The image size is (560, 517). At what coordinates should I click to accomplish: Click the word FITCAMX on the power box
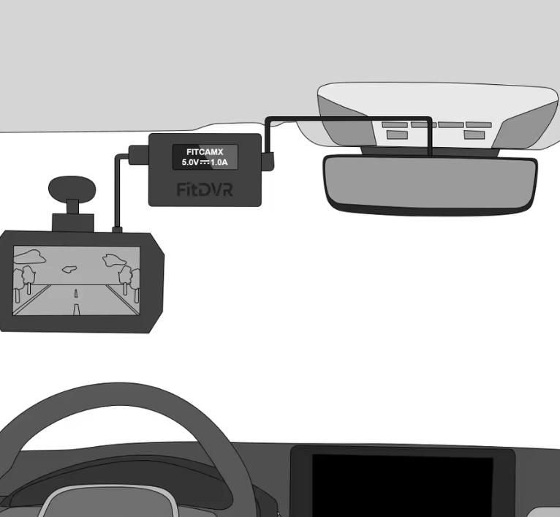[205, 151]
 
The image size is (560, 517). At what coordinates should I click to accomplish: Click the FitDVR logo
[205, 189]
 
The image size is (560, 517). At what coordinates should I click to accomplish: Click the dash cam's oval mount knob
[72, 188]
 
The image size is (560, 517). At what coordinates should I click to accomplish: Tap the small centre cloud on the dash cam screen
[71, 269]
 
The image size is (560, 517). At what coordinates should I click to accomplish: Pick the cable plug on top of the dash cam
[116, 230]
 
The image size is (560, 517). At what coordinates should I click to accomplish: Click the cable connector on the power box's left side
[137, 154]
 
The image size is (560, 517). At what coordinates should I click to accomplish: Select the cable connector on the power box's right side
[268, 158]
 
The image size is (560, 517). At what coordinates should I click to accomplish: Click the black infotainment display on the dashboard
[402, 486]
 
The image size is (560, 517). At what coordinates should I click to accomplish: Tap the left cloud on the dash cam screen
[29, 257]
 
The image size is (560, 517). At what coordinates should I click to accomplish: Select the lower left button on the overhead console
[398, 135]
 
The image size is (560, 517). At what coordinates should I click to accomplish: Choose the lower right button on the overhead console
[475, 135]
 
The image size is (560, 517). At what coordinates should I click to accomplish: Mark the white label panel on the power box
[205, 156]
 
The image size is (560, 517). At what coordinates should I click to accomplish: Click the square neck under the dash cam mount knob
[72, 206]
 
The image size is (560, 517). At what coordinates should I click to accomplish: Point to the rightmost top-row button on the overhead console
[478, 125]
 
